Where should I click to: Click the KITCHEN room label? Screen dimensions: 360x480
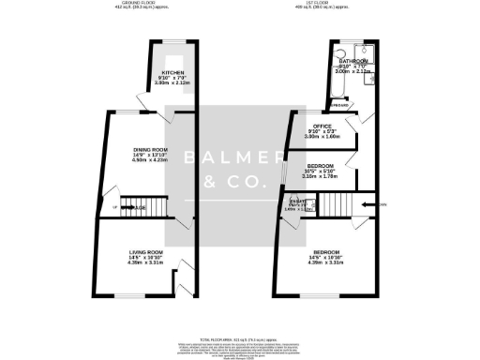(x=173, y=72)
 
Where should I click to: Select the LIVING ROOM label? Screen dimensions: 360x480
(x=146, y=252)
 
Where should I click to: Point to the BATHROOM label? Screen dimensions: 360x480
(x=353, y=59)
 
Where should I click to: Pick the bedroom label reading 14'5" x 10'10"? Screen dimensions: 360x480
(x=325, y=252)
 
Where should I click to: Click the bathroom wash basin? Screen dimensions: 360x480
(x=343, y=52)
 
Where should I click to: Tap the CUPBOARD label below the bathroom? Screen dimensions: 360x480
(x=339, y=106)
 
